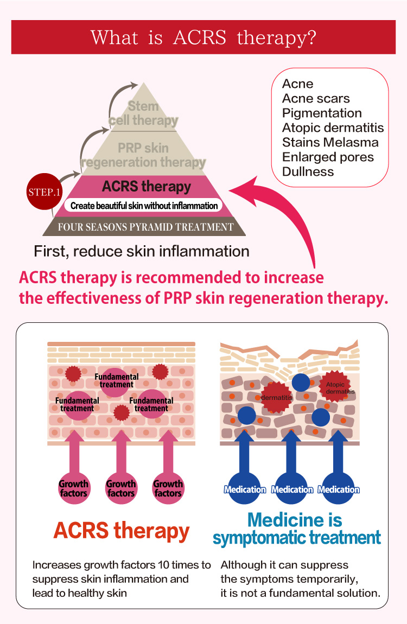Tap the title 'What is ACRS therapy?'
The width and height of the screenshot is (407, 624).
(203, 37)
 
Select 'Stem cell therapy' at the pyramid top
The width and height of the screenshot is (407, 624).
(143, 113)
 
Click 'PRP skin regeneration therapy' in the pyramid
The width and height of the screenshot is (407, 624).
(143, 155)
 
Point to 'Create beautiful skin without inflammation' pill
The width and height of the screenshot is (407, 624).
(144, 206)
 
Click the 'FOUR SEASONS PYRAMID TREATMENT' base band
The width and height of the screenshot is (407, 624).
(145, 227)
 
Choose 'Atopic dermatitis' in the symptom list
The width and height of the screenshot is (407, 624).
(333, 128)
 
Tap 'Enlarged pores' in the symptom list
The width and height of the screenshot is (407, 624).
(328, 157)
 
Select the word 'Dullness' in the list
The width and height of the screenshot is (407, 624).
(308, 171)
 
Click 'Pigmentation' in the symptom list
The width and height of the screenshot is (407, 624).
(322, 113)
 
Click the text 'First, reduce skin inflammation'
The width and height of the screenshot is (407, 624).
(142, 251)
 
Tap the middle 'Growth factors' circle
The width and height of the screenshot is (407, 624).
(121, 488)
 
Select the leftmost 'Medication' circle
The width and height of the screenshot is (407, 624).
(245, 488)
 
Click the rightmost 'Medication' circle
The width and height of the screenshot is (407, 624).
(339, 488)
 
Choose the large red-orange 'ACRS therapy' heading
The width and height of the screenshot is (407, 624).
(122, 531)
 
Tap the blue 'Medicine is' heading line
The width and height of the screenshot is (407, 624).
(295, 520)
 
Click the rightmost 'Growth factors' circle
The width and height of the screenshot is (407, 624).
(168, 488)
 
